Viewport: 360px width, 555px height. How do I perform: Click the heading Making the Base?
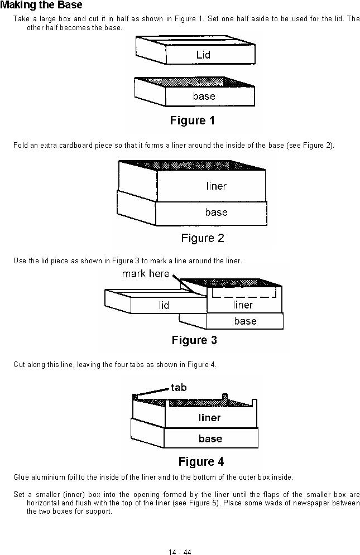41,5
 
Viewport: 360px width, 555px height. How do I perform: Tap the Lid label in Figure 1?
203,55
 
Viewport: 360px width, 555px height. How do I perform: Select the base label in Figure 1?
204,96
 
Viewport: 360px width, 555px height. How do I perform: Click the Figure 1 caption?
193,120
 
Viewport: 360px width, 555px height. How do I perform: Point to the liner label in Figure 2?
216,186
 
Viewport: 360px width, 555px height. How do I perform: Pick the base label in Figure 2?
216,212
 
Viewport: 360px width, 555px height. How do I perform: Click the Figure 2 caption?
203,238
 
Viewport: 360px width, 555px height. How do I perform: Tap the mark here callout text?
146,274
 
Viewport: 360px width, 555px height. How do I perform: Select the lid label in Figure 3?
164,305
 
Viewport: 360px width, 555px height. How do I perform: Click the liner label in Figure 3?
243,305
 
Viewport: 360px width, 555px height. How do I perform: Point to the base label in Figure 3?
245,321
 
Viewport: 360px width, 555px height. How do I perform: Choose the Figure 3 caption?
194,340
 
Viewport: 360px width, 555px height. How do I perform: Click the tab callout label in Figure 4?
178,387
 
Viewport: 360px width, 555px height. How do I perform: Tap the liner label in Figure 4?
209,418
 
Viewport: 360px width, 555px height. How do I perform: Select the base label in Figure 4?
210,438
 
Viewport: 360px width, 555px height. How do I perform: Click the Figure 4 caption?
201,461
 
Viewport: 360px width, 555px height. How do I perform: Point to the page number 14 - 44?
180,552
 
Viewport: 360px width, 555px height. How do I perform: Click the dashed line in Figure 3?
244,297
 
